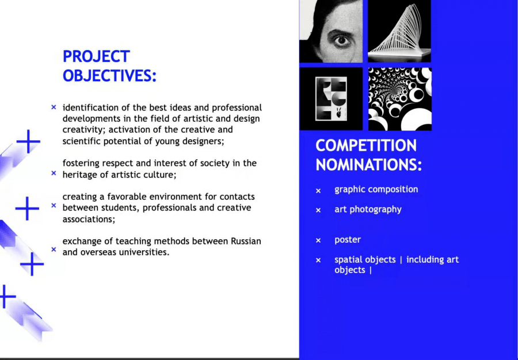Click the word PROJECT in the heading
[96, 56]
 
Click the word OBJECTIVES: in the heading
[109, 75]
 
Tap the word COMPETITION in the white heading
[366, 145]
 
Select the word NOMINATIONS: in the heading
[369, 164]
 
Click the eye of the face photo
[341, 41]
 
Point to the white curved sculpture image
[399, 31]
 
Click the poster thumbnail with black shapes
[331, 99]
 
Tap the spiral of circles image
[400, 99]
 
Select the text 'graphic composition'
[376, 189]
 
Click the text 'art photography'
[368, 209]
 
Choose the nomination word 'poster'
[348, 240]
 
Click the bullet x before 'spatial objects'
[318, 261]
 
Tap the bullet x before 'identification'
[54, 107]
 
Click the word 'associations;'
[89, 219]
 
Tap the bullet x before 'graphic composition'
[318, 191]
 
